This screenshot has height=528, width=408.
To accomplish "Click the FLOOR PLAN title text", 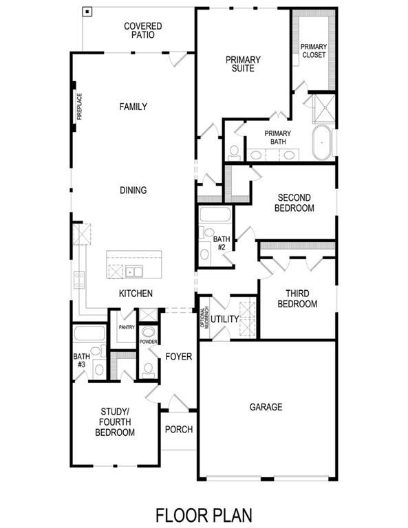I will pos(204,514).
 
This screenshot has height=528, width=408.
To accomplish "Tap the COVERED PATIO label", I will pos(143,31).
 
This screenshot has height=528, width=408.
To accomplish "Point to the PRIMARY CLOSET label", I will pos(313,51).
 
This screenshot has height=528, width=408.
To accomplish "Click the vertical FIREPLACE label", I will pos(80,107).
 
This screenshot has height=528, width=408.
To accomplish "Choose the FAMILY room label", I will pos(133,107).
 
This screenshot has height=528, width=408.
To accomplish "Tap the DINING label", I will pos(133,190).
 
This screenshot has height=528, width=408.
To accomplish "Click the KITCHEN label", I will pos(136,294).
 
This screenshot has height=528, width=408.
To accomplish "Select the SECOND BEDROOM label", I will pos(294,203).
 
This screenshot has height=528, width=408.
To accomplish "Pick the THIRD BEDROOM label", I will pos(297,299).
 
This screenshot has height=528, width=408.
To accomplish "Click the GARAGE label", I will pos(266,407).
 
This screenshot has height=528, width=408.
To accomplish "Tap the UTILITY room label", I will pos(224,319).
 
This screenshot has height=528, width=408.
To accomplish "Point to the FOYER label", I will pos(179,357).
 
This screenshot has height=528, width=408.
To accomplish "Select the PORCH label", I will pos(179,430).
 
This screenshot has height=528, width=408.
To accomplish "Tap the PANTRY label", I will pos(126,328).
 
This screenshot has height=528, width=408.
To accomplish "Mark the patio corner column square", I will pos(87,12).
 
